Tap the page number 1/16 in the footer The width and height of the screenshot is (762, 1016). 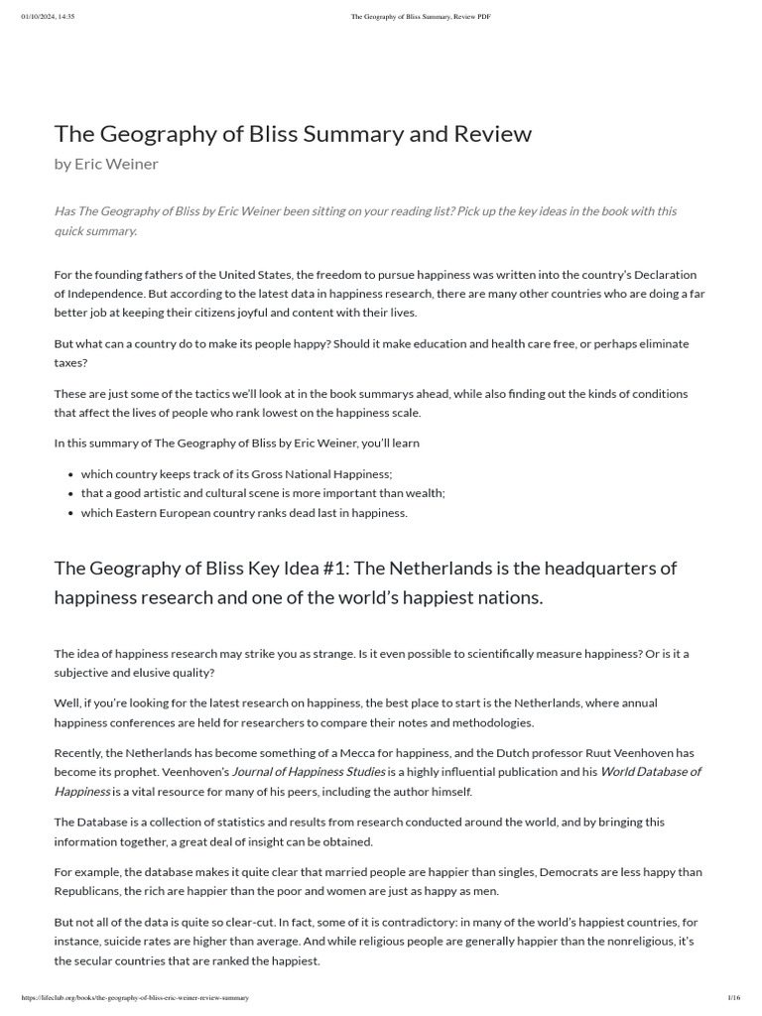coord(734,997)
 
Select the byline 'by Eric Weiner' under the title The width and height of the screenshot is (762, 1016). coord(106,164)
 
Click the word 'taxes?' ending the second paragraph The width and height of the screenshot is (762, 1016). coord(71,362)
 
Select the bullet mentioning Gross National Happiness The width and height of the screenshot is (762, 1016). coord(236,474)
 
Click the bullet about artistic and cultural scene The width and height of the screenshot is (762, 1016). coord(263,493)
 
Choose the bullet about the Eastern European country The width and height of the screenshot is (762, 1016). coord(244,513)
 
